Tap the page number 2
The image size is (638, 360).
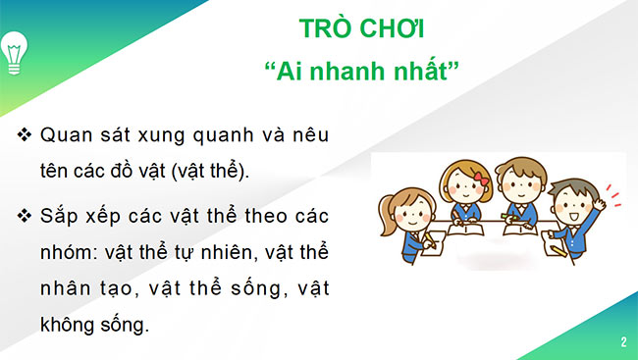[623, 342]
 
